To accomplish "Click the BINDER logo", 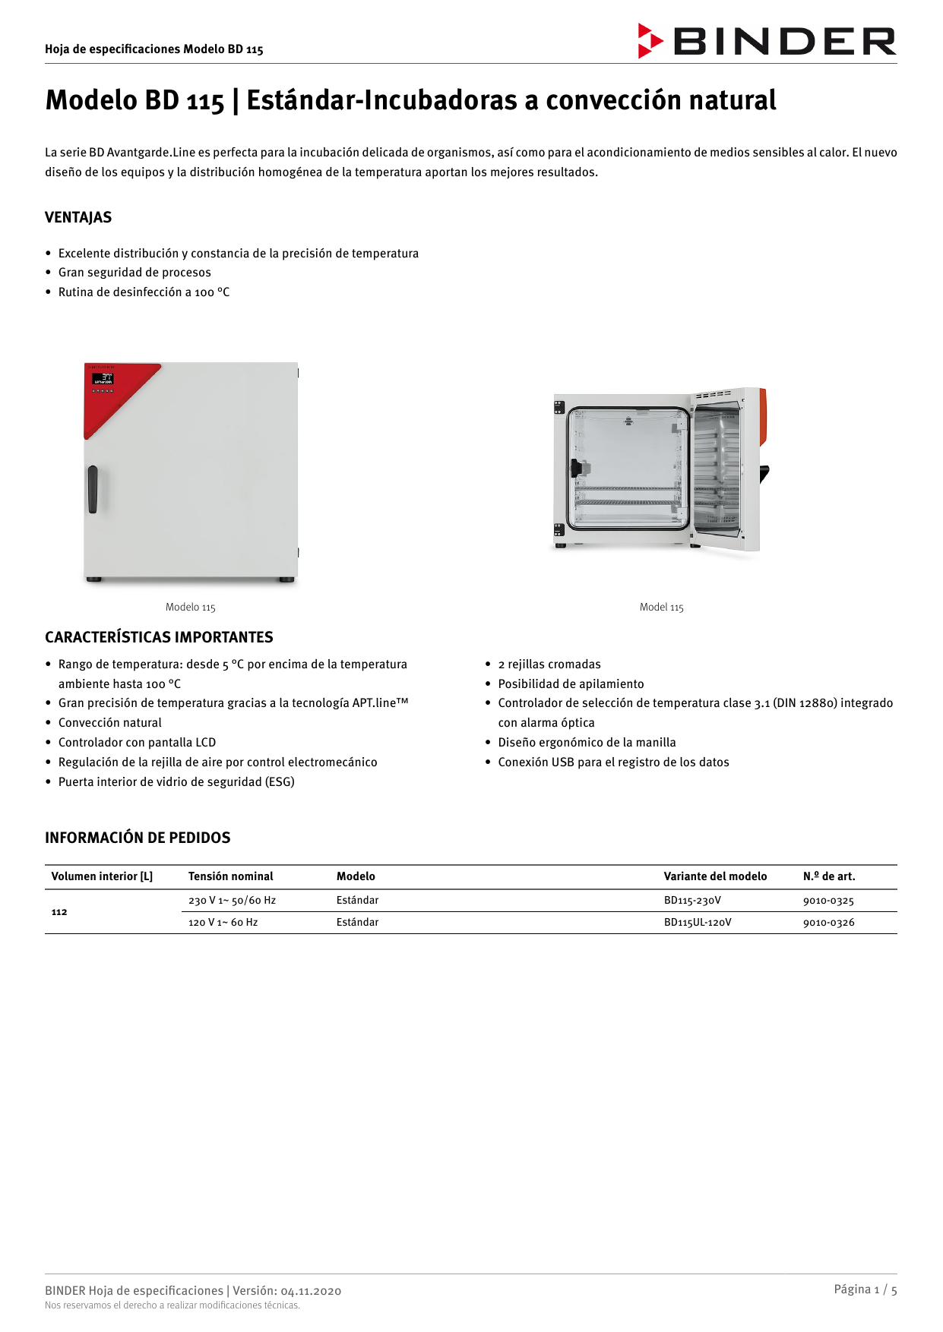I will click(767, 41).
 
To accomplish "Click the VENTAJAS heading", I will click(78, 217).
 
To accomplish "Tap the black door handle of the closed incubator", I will click(93, 489).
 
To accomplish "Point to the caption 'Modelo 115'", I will click(191, 608).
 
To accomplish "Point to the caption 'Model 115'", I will click(661, 608).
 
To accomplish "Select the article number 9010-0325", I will click(828, 901).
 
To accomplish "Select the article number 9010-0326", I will click(828, 923).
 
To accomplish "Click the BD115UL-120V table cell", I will click(698, 923).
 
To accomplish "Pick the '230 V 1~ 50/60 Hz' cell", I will click(232, 901).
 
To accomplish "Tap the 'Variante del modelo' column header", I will click(715, 876).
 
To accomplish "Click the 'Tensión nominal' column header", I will click(230, 876).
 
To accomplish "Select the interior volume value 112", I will click(59, 912).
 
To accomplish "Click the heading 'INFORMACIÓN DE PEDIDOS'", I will click(138, 838).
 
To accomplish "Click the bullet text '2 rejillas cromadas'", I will click(549, 664).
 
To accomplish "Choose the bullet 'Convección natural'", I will click(110, 723).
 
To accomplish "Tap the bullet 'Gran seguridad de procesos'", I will click(134, 273).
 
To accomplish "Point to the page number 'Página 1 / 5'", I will click(865, 1289).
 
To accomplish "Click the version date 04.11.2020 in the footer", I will click(311, 1291).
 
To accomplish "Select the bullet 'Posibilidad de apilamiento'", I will click(571, 684).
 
